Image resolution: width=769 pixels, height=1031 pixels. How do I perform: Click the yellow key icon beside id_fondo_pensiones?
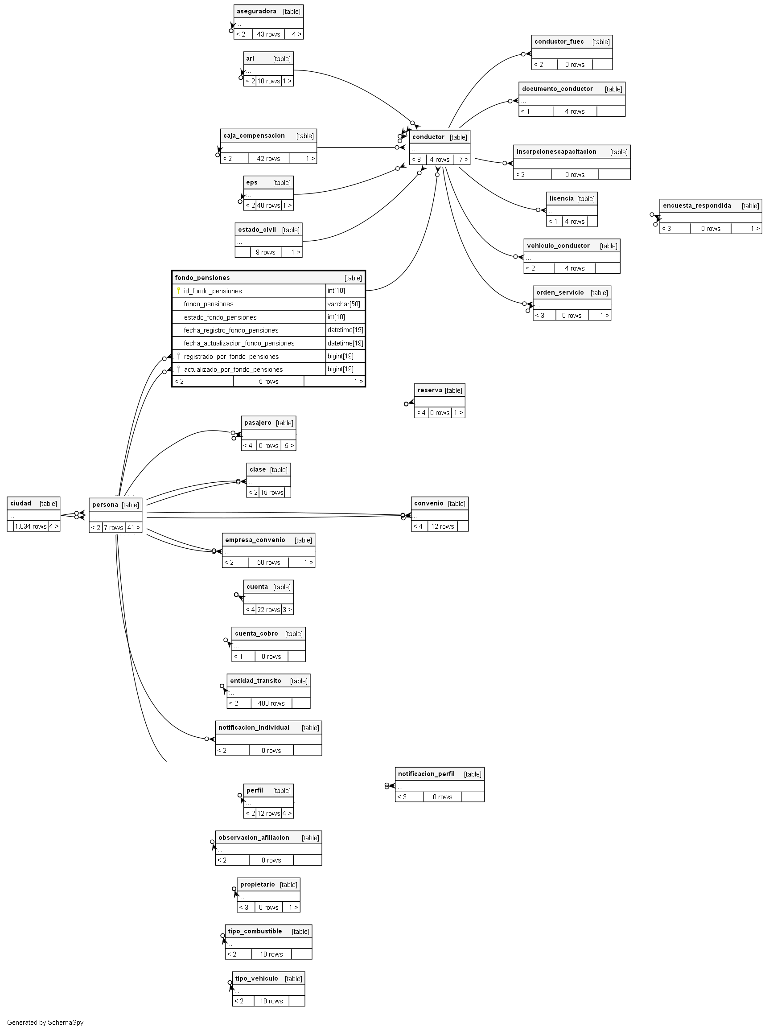178,291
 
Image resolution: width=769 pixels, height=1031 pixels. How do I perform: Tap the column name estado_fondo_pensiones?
220,317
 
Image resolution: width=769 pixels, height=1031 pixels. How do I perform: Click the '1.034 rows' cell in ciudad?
31,526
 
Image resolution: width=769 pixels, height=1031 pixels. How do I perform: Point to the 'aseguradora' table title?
256,11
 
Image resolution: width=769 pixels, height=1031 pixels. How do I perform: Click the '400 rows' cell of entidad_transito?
271,703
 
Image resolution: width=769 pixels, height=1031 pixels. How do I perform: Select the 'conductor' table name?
428,137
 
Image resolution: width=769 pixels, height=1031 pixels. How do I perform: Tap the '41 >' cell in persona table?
134,527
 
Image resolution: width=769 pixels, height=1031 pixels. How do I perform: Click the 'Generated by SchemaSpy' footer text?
45,1022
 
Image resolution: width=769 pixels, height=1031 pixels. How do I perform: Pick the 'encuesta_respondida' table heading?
696,205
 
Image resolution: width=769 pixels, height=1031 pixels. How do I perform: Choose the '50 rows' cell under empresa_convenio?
268,562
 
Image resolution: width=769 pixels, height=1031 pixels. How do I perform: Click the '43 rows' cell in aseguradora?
268,34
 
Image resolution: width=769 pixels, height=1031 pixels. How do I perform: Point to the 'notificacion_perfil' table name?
426,774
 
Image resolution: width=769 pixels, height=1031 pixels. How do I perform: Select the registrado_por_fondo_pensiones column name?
231,356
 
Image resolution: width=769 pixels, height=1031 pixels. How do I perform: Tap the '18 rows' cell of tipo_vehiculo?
271,1001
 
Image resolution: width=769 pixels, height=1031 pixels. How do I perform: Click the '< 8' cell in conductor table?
417,159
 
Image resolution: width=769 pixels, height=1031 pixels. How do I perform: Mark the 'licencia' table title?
561,198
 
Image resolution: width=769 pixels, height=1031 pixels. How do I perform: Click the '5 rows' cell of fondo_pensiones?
268,381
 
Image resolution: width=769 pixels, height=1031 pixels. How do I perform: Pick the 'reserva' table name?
430,390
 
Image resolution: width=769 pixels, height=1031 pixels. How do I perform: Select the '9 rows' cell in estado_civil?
265,252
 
